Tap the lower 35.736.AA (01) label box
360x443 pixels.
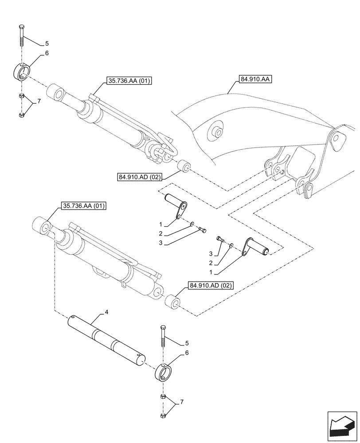[82, 206]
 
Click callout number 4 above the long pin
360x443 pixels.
[106, 312]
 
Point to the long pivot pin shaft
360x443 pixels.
[106, 339]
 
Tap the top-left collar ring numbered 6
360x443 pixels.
[22, 72]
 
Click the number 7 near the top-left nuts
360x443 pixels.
[39, 101]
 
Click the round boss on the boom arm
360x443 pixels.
[216, 132]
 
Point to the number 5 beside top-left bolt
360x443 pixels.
[47, 43]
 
